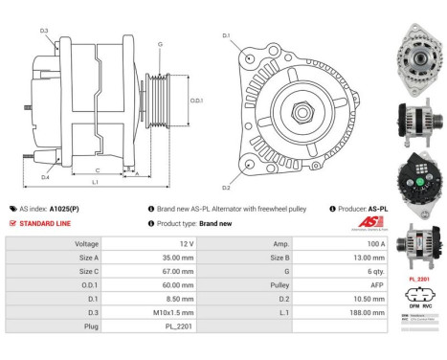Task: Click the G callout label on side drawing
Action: (160, 44)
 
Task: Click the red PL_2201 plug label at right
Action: (417, 279)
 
